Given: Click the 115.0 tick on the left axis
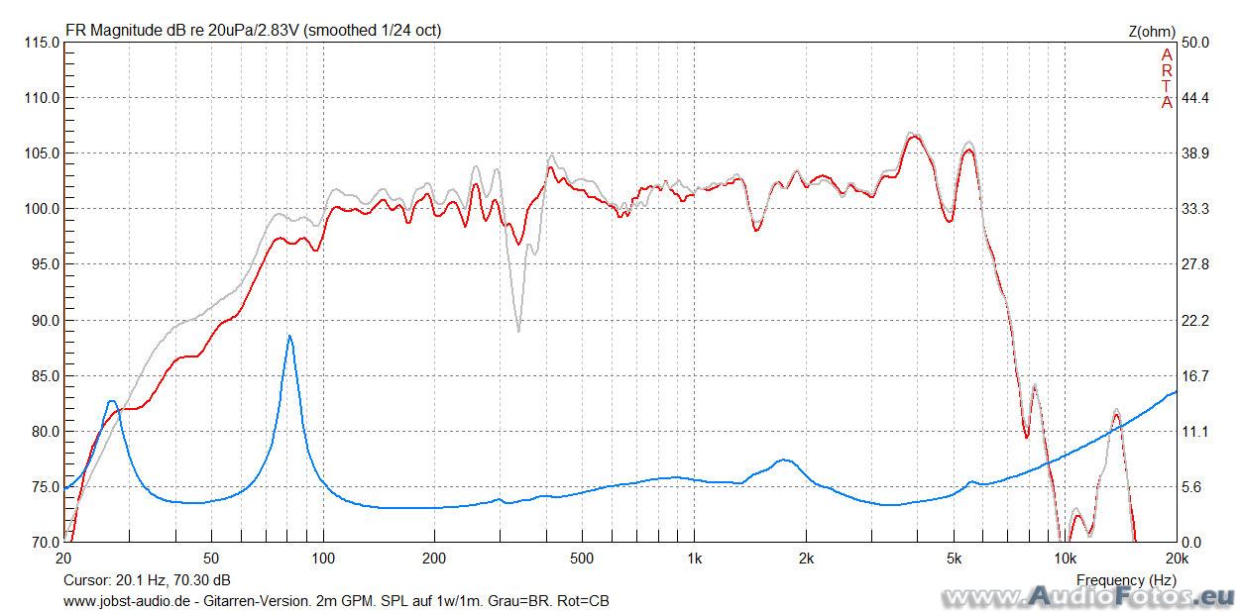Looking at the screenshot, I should coord(41,43).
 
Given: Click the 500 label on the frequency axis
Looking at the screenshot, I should coord(582,559).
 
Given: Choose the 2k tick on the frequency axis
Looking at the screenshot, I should coord(806,559).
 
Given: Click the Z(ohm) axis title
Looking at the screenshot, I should coord(1151,31).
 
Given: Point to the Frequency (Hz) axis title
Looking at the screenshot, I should coord(1126,579).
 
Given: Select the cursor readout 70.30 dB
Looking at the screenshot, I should coord(203,579).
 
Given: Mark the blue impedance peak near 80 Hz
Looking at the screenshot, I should coord(289,337).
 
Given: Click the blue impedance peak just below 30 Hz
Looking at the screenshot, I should coord(112,401).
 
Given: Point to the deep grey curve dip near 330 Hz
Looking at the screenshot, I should coord(518,330).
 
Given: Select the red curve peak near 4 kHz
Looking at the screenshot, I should coord(915,137).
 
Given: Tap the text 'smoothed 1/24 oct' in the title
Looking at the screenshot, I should coord(373,31).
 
